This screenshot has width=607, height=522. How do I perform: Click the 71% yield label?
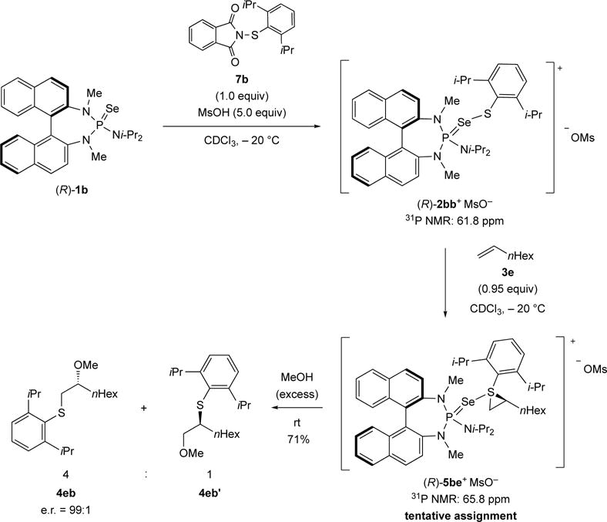300,441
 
